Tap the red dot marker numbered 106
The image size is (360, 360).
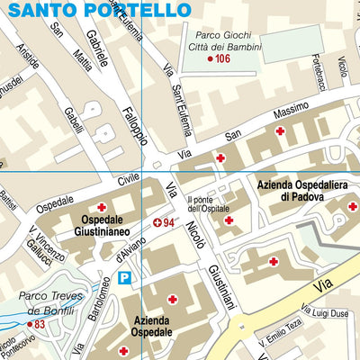tap(211, 59)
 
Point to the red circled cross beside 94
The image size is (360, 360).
tap(157, 222)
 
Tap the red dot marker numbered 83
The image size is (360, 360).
tap(29, 324)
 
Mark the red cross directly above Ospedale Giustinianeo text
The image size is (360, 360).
tap(102, 208)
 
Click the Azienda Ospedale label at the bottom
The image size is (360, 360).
tap(152, 326)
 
